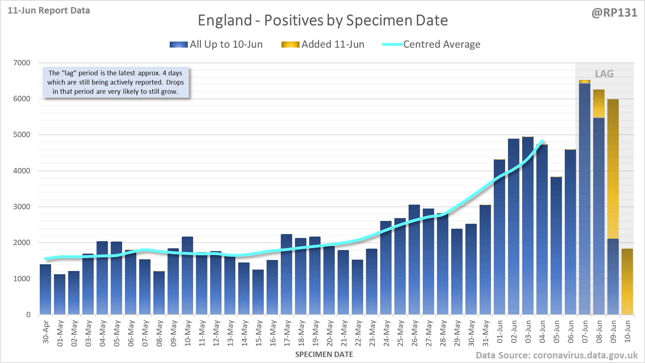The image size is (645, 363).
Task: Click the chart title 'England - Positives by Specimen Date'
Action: click(323, 20)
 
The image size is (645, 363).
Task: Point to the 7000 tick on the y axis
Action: click(22, 63)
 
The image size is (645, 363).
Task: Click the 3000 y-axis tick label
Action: click(22, 207)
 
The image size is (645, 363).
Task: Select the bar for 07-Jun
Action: click(584, 199)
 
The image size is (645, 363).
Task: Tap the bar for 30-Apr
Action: click(45, 289)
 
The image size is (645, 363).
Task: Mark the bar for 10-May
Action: click(187, 276)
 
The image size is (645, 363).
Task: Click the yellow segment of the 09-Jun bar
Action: click(613, 169)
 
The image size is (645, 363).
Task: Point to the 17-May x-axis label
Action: click(287, 333)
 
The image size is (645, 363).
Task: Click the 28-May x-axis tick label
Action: click(443, 333)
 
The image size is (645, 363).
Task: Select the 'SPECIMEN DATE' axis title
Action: click(324, 354)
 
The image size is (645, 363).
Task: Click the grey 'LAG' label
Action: click(604, 74)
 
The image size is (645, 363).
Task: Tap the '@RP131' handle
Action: click(614, 13)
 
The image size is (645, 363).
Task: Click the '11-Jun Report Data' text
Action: click(49, 11)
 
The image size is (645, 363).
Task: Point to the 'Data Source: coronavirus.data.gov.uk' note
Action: click(557, 355)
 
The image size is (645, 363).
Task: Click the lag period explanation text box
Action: click(116, 82)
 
